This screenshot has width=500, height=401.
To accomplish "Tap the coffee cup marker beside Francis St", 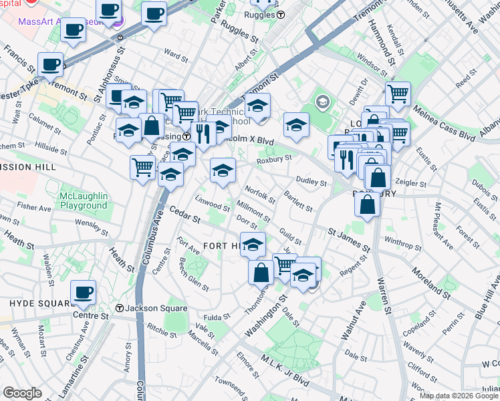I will pos(51,65).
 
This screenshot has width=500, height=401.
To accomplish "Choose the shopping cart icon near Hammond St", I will pos(398,94).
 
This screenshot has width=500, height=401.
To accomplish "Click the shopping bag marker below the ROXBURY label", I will pos(368,205).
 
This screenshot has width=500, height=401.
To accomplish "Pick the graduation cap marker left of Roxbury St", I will pos(223,170).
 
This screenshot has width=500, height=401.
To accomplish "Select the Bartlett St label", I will pos(298,200).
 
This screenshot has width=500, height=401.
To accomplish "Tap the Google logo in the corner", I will pos(22,393).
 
